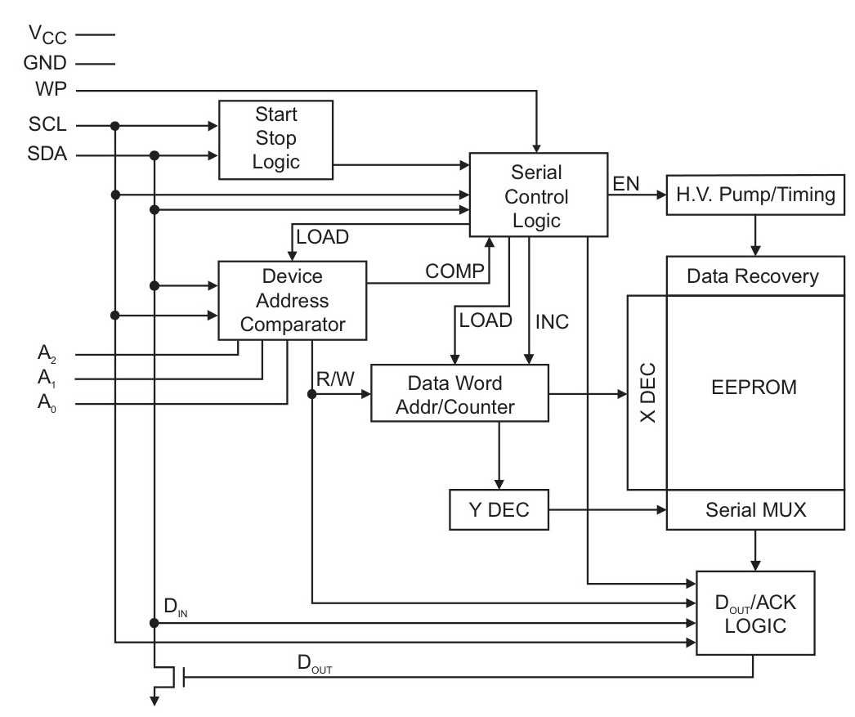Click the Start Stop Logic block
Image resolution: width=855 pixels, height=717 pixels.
click(x=276, y=140)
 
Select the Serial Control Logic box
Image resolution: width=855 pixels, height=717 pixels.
click(x=539, y=195)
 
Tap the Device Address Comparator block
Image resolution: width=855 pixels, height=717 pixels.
click(x=293, y=300)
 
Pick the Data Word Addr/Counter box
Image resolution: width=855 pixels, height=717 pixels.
click(x=459, y=393)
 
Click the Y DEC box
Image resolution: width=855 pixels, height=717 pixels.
click(x=499, y=510)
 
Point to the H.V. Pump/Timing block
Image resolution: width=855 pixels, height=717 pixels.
click(x=755, y=195)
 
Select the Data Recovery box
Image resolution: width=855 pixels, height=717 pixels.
click(x=755, y=276)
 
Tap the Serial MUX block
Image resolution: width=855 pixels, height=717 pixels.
click(x=755, y=510)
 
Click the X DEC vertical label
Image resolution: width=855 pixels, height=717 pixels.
click(x=647, y=393)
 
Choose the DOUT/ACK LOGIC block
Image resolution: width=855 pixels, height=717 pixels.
click(x=755, y=613)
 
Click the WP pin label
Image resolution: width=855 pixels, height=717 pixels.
click(x=51, y=89)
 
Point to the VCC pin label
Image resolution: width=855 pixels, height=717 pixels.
click(x=48, y=35)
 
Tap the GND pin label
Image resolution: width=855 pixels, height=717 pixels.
click(x=45, y=63)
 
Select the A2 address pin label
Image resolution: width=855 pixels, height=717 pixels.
click(x=47, y=354)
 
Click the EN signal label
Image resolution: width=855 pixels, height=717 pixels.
click(x=626, y=184)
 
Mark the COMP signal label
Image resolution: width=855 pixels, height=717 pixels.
click(x=454, y=271)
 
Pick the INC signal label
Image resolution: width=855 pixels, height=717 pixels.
click(x=552, y=322)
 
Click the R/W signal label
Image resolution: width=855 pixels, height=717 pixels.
click(x=335, y=379)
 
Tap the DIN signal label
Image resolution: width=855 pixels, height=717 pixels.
click(x=176, y=607)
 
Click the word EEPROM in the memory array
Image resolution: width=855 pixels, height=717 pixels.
click(x=754, y=388)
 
